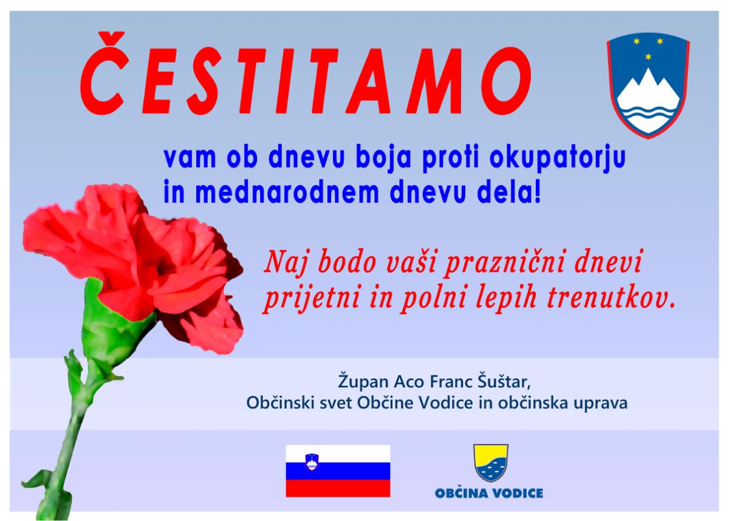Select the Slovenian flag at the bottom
tap(338, 471)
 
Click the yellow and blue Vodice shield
tap(491, 463)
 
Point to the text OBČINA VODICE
tap(489, 494)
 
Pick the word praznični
tap(504, 262)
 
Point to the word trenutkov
tap(611, 297)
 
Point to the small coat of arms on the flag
tap(312, 461)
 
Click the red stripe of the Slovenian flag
tap(338, 489)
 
